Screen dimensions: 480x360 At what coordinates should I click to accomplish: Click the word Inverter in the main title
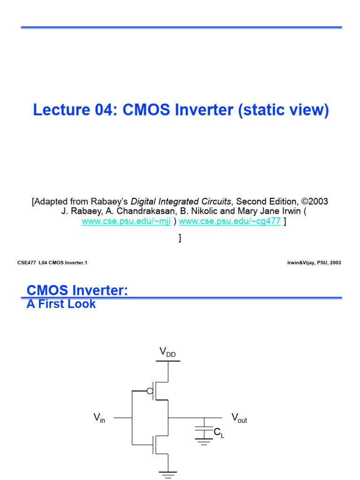203,110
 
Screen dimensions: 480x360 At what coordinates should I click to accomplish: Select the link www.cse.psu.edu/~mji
126,222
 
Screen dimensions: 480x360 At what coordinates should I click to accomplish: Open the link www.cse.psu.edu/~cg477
230,222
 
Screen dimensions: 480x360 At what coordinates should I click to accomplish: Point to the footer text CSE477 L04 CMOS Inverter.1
52,263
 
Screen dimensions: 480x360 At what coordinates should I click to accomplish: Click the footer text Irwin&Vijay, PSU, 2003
314,263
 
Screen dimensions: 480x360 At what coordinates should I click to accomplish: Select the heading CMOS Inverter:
77,291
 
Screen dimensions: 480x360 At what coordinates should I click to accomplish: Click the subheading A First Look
61,304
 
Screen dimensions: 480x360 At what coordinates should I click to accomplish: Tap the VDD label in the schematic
167,352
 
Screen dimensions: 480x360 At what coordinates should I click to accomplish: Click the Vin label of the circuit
99,418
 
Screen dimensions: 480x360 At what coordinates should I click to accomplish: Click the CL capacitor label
219,434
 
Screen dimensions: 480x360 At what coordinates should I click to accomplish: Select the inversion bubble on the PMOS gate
150,391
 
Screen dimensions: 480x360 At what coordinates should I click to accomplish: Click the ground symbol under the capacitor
203,442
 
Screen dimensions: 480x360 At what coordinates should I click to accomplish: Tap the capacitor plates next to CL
203,430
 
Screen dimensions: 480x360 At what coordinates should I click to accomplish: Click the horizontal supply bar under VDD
167,361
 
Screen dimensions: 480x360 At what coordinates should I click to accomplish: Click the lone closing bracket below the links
180,238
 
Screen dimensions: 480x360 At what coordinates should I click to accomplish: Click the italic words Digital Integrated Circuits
181,202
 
